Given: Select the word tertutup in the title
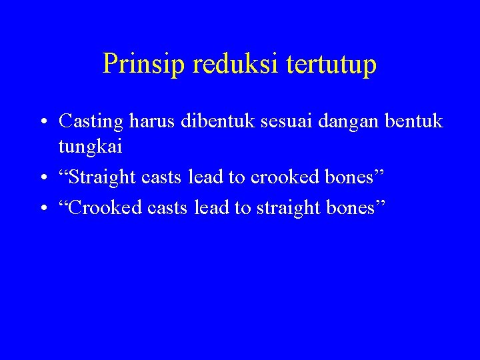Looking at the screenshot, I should click(332, 65).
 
